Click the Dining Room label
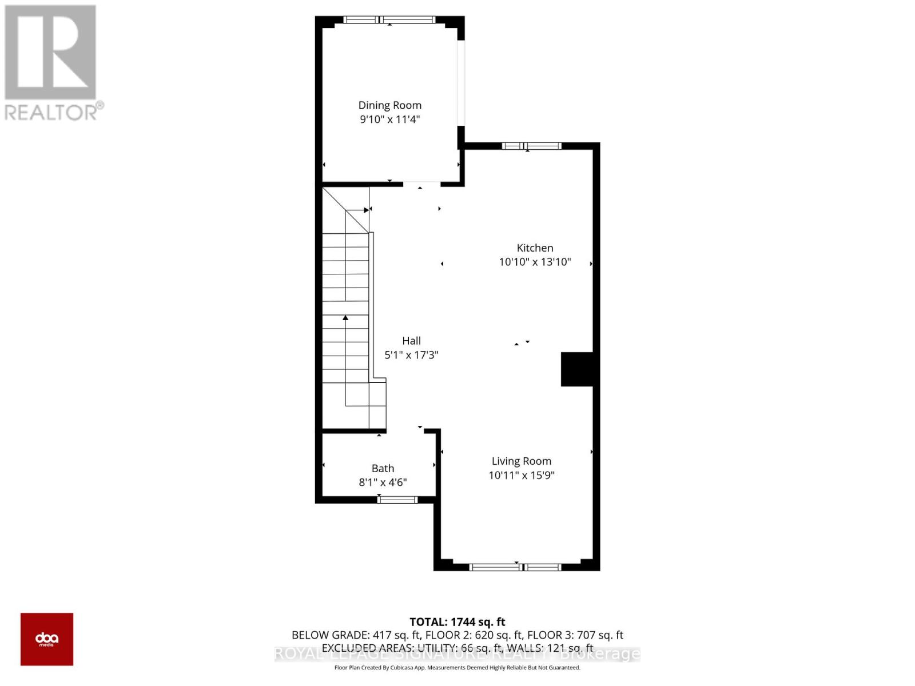point(389,105)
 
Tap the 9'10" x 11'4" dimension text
point(389,119)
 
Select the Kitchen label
point(535,248)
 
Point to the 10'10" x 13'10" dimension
point(535,262)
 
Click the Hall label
point(411,341)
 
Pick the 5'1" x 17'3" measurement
point(411,355)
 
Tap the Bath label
point(383,468)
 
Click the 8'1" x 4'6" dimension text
point(383,482)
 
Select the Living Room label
point(521,461)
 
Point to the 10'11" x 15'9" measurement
point(521,475)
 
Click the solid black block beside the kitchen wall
point(577,369)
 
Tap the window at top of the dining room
point(389,20)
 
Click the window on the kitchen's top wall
point(531,146)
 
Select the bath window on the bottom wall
point(397,500)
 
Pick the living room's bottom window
point(515,567)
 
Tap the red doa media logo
point(47,639)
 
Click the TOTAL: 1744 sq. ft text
point(457,621)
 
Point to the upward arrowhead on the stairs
point(345,317)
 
